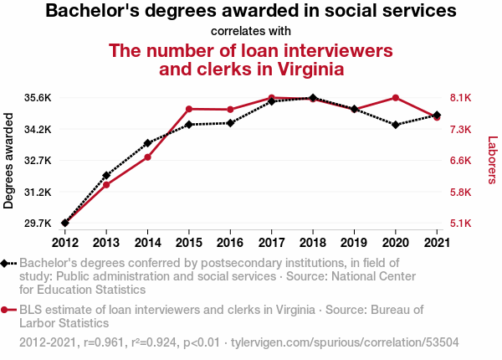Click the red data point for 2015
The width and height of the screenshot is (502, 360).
(x=189, y=109)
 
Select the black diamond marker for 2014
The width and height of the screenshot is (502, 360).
(x=147, y=143)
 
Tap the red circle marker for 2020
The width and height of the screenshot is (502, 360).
(x=396, y=98)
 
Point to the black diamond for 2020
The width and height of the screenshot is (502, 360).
(x=396, y=125)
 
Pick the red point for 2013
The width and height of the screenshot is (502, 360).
(x=106, y=185)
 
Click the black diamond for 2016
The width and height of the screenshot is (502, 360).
(x=230, y=123)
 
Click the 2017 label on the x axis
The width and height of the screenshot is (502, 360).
(x=271, y=243)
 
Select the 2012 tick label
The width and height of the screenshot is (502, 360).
(x=65, y=243)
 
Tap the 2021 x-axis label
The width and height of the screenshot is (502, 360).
(x=437, y=243)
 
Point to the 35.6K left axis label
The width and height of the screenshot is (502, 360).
(x=38, y=98)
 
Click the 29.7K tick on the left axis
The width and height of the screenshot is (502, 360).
(x=38, y=224)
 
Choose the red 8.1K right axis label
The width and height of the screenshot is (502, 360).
(x=461, y=98)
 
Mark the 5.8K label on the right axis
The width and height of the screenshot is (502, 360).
(x=461, y=193)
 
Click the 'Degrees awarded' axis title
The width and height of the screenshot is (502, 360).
(x=8, y=161)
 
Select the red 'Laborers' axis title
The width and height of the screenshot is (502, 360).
(x=493, y=160)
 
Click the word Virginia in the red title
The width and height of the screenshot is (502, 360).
(x=310, y=69)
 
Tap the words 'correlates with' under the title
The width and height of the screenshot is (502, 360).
(x=251, y=31)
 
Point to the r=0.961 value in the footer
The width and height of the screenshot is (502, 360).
(x=104, y=342)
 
